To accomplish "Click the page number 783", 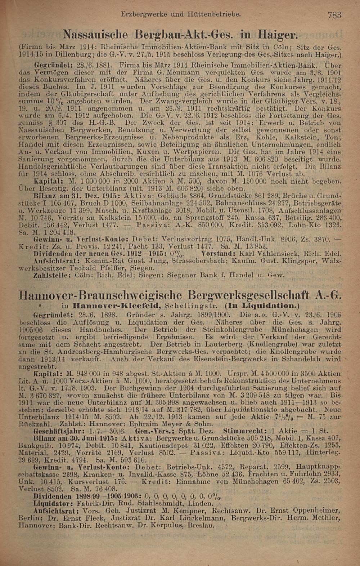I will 334,15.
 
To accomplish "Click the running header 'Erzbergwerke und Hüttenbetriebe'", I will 181,14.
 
